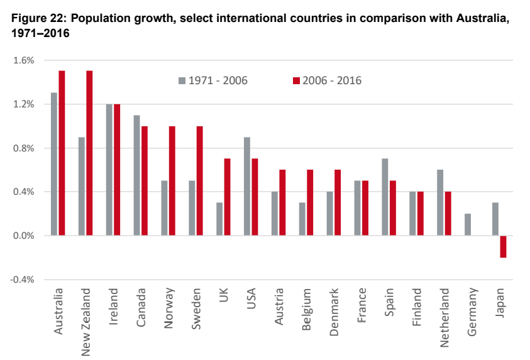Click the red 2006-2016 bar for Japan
tap(503, 246)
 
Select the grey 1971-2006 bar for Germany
tap(468, 224)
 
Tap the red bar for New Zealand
tap(89, 153)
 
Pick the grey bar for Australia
tap(54, 164)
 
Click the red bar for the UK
tap(228, 197)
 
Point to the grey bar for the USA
tap(247, 186)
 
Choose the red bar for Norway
tap(172, 180)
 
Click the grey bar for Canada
tap(137, 175)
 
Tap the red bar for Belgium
tap(310, 202)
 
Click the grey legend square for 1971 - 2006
tap(182, 80)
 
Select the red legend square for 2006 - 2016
tap(296, 80)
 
